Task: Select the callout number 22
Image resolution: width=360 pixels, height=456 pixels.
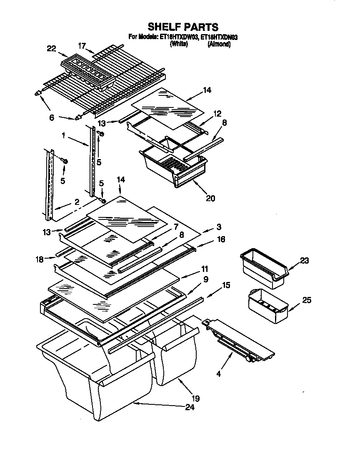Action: click(x=51, y=49)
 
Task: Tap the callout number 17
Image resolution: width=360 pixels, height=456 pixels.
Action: click(x=82, y=46)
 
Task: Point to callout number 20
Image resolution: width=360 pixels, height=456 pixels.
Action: click(x=210, y=198)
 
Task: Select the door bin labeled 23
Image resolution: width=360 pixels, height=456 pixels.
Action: click(x=265, y=269)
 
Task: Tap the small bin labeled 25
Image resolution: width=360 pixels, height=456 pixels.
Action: click(x=267, y=306)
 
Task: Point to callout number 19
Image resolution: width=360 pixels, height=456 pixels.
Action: click(x=195, y=399)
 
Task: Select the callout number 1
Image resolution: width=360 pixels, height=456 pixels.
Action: click(x=63, y=135)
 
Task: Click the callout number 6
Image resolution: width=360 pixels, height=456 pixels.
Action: click(x=51, y=118)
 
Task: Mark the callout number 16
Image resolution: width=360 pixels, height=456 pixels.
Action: click(x=221, y=239)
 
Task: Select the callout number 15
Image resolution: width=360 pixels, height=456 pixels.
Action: click(x=226, y=285)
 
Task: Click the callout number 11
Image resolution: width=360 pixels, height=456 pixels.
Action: click(x=204, y=269)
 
